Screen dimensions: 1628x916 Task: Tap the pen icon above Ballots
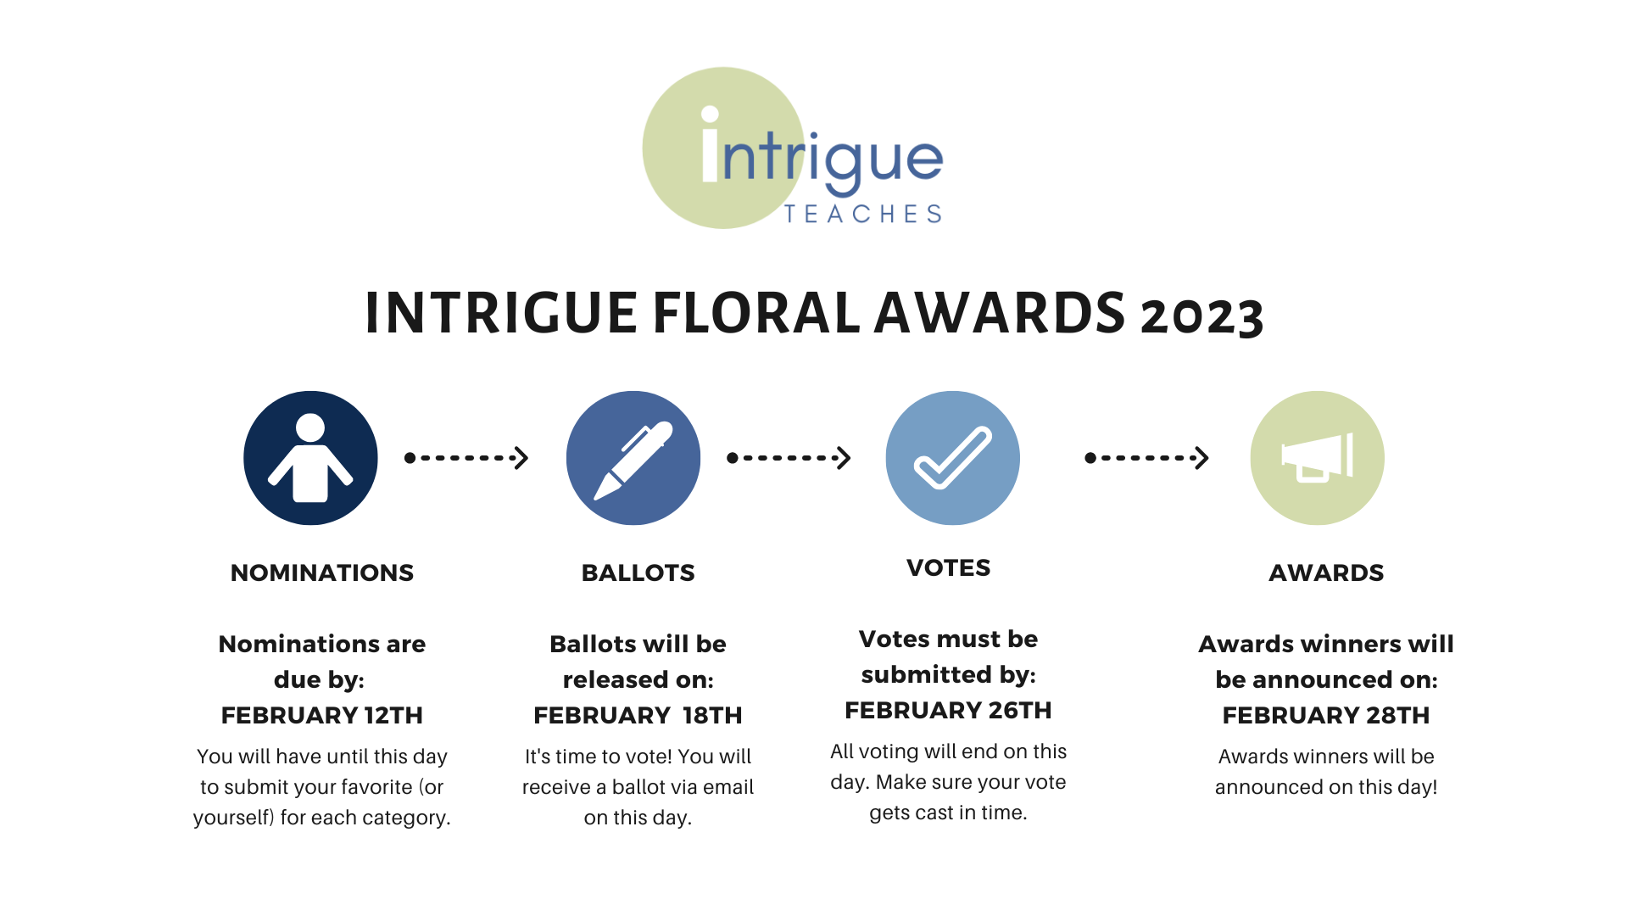coord(633,461)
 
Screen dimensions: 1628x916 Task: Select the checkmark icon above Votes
coord(952,458)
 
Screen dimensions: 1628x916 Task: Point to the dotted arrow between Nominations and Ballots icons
coord(466,458)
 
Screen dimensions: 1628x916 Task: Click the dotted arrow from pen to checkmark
coord(789,458)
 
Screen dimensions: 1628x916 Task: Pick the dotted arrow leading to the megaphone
coord(1146,458)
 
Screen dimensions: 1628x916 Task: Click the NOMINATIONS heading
coord(322,572)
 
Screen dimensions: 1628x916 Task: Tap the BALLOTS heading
coord(638,572)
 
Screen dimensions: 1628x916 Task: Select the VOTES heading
coord(948,567)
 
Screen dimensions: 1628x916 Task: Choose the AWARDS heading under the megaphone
coord(1326,572)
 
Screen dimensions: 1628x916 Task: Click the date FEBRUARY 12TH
coord(322,715)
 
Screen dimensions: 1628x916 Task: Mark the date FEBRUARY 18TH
coord(638,715)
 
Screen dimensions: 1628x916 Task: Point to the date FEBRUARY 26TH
coord(948,710)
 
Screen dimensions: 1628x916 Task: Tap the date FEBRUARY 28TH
coord(1326,715)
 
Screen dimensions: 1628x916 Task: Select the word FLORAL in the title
coord(756,312)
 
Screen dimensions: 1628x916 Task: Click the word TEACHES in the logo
coord(863,214)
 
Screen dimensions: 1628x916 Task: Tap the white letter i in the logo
coord(711,144)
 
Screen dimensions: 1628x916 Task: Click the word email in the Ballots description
coord(728,787)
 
